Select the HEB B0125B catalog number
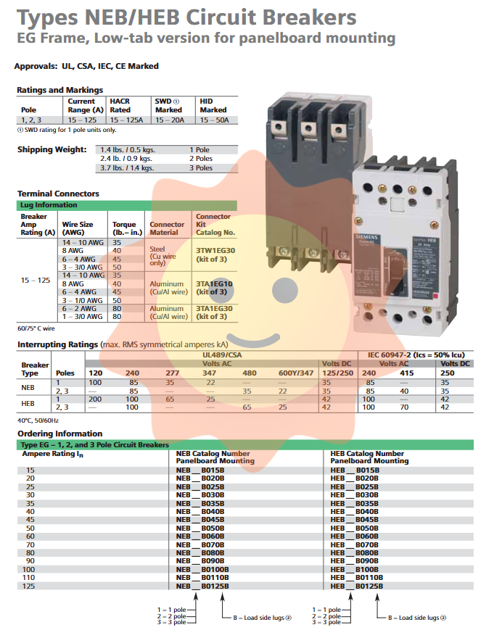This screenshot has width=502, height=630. (358, 585)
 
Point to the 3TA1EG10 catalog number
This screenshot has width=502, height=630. (215, 283)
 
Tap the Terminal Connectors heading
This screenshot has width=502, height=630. (58, 194)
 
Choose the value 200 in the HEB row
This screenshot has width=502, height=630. (95, 399)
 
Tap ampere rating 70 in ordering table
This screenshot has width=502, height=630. (30, 544)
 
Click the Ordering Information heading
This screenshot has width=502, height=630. (61, 434)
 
